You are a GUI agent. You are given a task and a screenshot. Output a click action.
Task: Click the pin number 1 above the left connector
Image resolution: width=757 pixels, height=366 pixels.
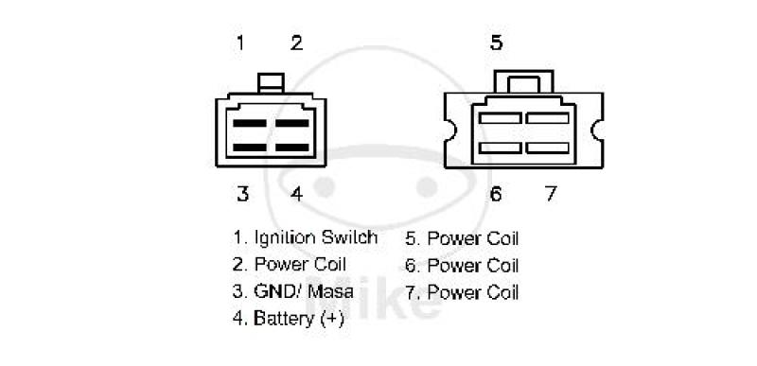pyautogui.click(x=240, y=43)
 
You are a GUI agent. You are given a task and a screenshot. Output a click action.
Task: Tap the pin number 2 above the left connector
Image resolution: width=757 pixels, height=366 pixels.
pyautogui.click(x=296, y=43)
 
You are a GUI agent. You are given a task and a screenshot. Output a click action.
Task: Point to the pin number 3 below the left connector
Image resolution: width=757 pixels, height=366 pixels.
pyautogui.click(x=242, y=194)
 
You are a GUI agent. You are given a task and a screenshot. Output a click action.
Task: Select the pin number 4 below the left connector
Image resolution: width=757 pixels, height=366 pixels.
pyautogui.click(x=296, y=194)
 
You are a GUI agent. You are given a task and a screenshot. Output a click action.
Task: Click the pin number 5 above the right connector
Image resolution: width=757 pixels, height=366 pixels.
pyautogui.click(x=496, y=43)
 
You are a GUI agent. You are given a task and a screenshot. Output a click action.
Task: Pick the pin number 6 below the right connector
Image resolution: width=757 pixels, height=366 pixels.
pyautogui.click(x=496, y=194)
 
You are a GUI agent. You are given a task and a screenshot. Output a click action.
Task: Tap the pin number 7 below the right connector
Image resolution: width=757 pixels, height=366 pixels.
pyautogui.click(x=551, y=194)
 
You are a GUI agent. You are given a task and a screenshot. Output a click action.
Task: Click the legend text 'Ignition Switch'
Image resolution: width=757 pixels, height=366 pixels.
pyautogui.click(x=316, y=237)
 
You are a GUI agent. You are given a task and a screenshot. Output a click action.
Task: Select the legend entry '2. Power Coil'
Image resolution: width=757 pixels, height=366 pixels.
pyautogui.click(x=290, y=264)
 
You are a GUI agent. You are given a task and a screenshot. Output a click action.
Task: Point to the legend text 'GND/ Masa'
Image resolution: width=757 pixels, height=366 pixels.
pyautogui.click(x=304, y=291)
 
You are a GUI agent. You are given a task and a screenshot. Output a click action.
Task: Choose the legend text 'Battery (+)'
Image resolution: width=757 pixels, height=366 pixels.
pyautogui.click(x=299, y=319)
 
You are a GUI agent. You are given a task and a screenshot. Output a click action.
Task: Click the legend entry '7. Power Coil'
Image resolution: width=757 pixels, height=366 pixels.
pyautogui.click(x=462, y=292)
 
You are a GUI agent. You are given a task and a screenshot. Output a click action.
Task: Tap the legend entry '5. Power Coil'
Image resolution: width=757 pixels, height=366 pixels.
pyautogui.click(x=462, y=238)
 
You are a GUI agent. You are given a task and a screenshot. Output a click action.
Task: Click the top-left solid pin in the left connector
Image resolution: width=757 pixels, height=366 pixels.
pyautogui.click(x=250, y=123)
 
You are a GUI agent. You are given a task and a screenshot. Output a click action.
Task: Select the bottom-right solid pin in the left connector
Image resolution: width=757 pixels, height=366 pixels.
pyautogui.click(x=292, y=148)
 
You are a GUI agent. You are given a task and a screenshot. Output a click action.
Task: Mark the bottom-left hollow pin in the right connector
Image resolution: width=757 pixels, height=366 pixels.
pyautogui.click(x=501, y=148)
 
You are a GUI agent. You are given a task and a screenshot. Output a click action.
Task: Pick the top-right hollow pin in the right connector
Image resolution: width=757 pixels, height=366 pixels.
pyautogui.click(x=548, y=118)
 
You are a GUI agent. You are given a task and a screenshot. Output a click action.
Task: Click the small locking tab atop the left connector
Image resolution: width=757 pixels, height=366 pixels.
pyautogui.click(x=271, y=83)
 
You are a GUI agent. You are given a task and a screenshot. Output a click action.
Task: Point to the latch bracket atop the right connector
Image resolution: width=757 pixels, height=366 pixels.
pyautogui.click(x=524, y=72)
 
